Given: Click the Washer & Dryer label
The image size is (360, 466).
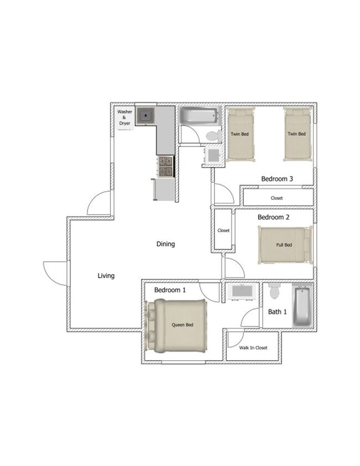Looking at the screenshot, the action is [125, 117].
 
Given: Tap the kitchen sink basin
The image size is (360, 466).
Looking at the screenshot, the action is [145, 115].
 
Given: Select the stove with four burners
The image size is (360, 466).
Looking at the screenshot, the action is [166, 167].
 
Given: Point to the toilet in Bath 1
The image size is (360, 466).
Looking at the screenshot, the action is [274, 291].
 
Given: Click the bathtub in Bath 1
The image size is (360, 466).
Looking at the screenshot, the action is [302, 306].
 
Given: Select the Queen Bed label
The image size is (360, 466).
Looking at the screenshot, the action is [182, 325].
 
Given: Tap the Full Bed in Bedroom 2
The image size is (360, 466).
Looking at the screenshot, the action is [285, 245].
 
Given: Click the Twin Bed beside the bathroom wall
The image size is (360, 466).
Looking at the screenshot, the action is [240, 134].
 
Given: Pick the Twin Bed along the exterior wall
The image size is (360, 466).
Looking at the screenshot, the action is [297, 134].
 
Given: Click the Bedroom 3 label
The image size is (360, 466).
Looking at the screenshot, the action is [277, 178].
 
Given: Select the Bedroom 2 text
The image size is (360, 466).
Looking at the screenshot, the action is [274, 217].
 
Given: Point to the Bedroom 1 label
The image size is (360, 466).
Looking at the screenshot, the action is [170, 290].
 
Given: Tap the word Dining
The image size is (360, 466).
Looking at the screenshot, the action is [166, 244].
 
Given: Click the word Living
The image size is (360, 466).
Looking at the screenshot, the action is [106, 276].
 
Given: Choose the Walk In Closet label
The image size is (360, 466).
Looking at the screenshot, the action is [253, 348].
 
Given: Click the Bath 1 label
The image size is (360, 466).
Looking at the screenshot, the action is [277, 312].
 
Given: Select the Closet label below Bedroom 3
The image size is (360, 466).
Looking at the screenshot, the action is [277, 198].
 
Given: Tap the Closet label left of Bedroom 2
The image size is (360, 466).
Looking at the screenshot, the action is [223, 231].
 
